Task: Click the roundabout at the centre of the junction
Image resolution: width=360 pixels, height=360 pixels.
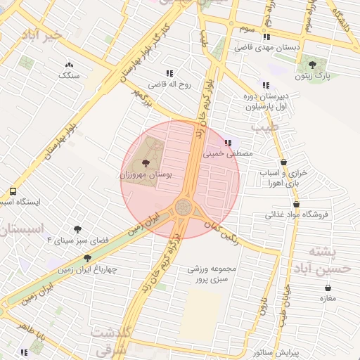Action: [184, 207]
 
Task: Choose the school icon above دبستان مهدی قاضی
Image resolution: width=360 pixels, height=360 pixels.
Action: [266, 37]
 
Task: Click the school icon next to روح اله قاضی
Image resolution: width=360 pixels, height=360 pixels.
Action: [169, 72]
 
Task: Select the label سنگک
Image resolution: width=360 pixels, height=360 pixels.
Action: [68, 74]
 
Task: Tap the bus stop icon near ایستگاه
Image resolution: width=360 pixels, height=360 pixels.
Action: [13, 192]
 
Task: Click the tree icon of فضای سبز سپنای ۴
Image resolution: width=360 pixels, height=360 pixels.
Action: [77, 229]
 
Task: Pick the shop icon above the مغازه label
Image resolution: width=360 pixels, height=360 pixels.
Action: [328, 288]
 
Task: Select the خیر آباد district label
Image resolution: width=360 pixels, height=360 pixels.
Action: [41, 34]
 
